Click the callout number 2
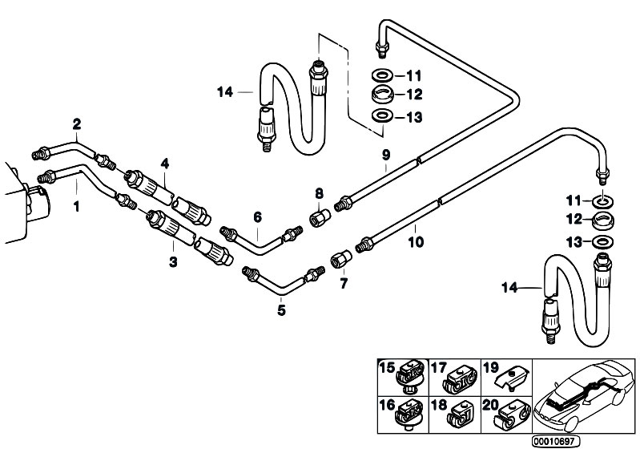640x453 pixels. click(77, 123)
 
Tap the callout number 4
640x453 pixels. click(164, 164)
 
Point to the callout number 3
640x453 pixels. click(174, 262)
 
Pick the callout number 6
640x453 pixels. click(257, 216)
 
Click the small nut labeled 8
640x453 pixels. click(319, 218)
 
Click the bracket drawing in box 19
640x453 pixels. click(511, 375)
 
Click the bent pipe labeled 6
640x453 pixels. click(258, 238)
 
